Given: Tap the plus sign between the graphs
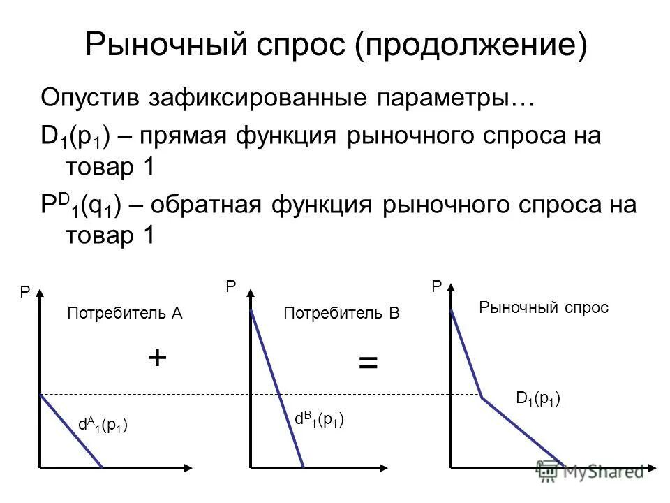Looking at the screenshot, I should (x=157, y=358).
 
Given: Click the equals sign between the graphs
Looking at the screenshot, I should (x=368, y=363).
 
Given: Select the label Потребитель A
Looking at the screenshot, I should (x=124, y=314).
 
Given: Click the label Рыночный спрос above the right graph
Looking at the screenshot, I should (x=544, y=307).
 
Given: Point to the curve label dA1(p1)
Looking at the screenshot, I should (x=103, y=424).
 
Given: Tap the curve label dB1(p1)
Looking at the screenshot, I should (x=320, y=418).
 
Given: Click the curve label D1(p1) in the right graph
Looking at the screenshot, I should (x=538, y=399).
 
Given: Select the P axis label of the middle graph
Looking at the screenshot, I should (x=230, y=286).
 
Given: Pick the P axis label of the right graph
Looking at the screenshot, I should (x=437, y=286).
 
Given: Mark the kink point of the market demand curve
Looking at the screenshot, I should (x=482, y=398).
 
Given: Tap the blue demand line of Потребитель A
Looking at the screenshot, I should (x=71, y=431).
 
